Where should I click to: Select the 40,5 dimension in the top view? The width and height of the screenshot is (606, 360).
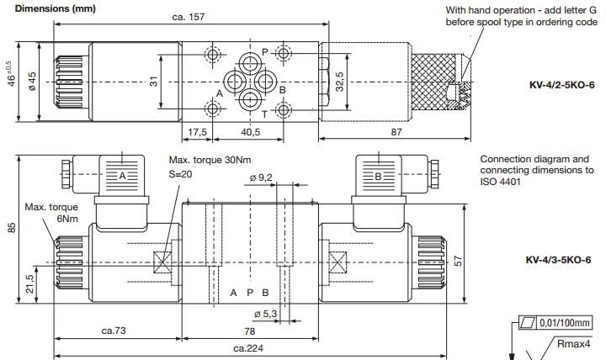(249, 132)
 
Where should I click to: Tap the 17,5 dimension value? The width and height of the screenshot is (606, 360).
(198, 132)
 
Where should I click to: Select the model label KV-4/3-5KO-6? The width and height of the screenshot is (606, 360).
(558, 260)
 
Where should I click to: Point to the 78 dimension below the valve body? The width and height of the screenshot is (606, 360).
(250, 331)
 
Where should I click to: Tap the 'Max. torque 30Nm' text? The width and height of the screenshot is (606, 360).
(210, 160)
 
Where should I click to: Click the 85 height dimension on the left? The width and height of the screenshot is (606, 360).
(12, 227)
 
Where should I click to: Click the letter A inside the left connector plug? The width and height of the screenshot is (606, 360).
(122, 176)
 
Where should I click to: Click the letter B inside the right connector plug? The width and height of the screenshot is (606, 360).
(377, 176)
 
